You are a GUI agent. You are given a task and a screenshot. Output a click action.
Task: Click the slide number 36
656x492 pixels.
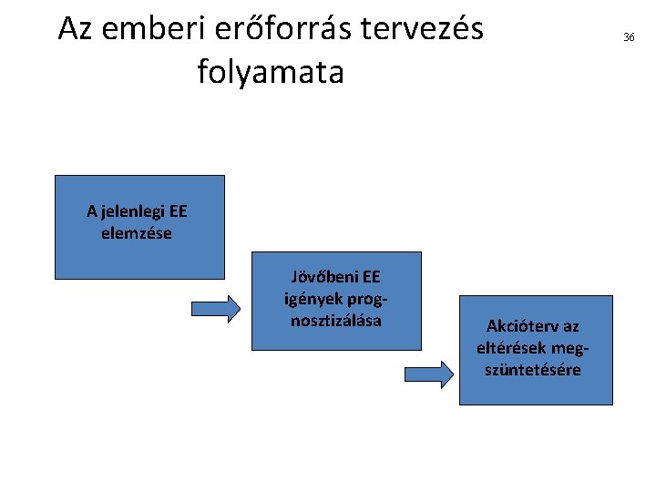point(628,37)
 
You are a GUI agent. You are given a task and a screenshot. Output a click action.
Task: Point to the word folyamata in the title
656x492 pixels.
point(271,71)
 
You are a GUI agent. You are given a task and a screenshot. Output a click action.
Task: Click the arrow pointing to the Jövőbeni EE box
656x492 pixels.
point(216,310)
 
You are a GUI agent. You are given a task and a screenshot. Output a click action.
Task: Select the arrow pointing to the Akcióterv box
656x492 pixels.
point(428,374)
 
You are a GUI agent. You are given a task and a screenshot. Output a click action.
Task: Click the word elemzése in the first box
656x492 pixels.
point(138,232)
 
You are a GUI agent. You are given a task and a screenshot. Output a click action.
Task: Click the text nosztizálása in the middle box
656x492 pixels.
point(336,320)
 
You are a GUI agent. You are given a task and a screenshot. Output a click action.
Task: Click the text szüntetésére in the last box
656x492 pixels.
point(535,370)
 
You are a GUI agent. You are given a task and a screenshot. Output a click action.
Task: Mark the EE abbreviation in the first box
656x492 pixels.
point(177,211)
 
